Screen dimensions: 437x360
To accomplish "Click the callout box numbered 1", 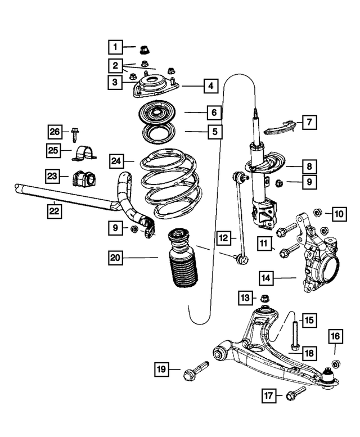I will coord(115,46).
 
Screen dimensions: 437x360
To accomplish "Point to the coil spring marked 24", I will coord(169,183).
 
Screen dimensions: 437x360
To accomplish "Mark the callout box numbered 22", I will coord(54,211).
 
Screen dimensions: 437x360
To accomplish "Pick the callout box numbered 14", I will coord(267,277).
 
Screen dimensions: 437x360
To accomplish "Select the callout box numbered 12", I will coord(224,238).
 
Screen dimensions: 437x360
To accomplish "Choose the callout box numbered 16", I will coord(335,337).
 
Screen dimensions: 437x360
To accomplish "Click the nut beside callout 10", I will coord(317,212).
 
